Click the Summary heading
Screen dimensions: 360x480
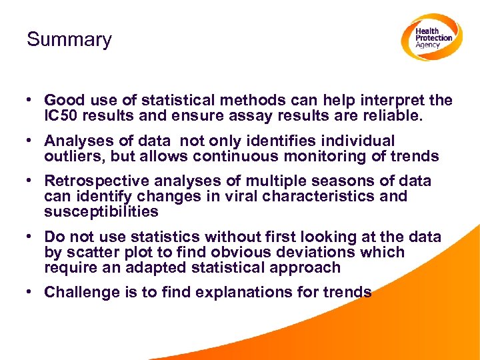(x=69, y=39)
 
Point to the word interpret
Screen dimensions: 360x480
(x=393, y=101)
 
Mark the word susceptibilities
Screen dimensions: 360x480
(x=101, y=212)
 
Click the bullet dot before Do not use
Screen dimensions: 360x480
(x=31, y=237)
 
